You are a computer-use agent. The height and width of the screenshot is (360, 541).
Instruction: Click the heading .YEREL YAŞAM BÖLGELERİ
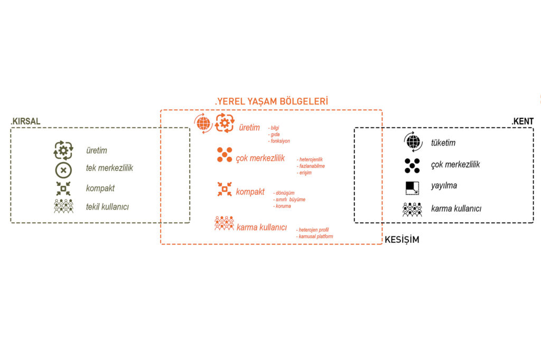coord(272,101)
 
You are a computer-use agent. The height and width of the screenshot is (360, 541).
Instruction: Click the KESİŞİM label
coord(402,239)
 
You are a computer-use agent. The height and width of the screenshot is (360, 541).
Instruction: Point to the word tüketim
coord(443,143)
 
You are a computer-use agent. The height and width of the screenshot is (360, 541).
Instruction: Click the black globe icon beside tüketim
coord(413,143)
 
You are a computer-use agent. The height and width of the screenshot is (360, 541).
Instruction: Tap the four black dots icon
coord(412,165)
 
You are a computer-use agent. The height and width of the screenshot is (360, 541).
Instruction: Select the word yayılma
coord(444,186)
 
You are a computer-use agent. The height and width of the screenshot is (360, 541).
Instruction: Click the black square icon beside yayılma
coord(412,187)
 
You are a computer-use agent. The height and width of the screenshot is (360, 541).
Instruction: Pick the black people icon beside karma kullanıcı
coord(412,209)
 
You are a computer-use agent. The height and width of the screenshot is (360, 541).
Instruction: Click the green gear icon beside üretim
coord(63,150)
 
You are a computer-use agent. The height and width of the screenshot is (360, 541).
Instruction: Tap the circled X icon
coord(63,170)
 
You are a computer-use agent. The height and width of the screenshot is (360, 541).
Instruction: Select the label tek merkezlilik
coord(109,168)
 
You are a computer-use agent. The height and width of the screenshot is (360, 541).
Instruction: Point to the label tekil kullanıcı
coord(107,207)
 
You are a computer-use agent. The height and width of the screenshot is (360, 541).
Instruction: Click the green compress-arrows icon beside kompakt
coord(63,188)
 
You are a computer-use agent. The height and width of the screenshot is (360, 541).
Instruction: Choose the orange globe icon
coord(203,124)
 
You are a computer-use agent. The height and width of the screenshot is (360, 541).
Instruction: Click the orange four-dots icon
coord(225,155)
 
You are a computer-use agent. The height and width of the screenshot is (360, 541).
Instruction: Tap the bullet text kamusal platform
coord(315,236)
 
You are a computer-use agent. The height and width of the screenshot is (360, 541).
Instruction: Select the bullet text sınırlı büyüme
coord(289,200)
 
